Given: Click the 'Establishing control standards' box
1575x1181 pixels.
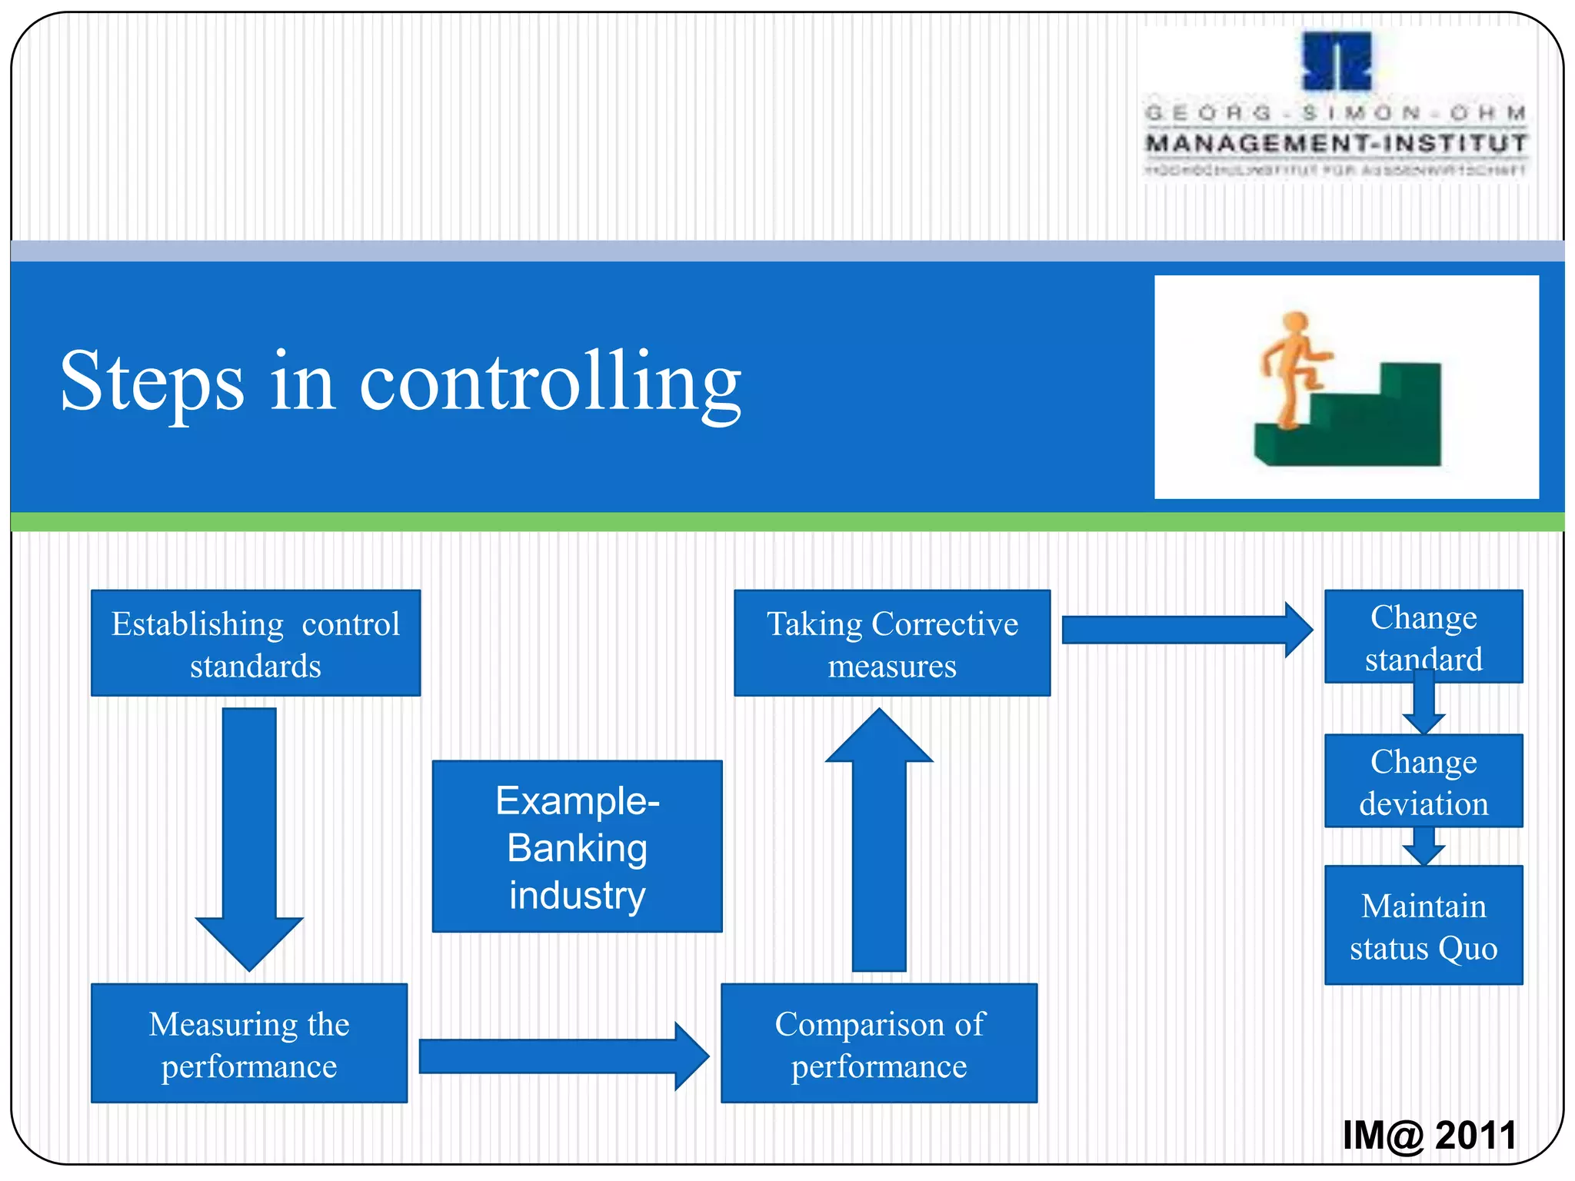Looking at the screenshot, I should tap(255, 643).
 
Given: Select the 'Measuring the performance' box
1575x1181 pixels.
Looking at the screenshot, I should tap(249, 1043).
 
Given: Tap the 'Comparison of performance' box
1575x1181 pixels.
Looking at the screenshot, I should tap(879, 1043).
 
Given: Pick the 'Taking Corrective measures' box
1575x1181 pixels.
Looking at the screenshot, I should tap(892, 643).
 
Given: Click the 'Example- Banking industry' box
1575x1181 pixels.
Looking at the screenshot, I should tap(577, 847).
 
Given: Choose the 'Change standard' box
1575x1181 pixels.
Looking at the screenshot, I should tap(1423, 636).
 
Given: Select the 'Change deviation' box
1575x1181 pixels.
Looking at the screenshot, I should tap(1423, 780).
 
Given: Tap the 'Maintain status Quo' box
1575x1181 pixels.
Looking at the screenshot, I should tap(1423, 925).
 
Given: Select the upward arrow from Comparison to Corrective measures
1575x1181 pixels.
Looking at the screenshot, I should tap(879, 838).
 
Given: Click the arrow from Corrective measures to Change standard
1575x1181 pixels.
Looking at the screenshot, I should tap(1184, 630).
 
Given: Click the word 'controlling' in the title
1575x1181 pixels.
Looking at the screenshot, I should tap(550, 382).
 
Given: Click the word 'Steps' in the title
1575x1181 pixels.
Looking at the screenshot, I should tap(152, 382).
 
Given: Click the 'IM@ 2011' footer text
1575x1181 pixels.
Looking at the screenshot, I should tap(1429, 1136).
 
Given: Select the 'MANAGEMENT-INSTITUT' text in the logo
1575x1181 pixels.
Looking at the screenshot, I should tap(1336, 144).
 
